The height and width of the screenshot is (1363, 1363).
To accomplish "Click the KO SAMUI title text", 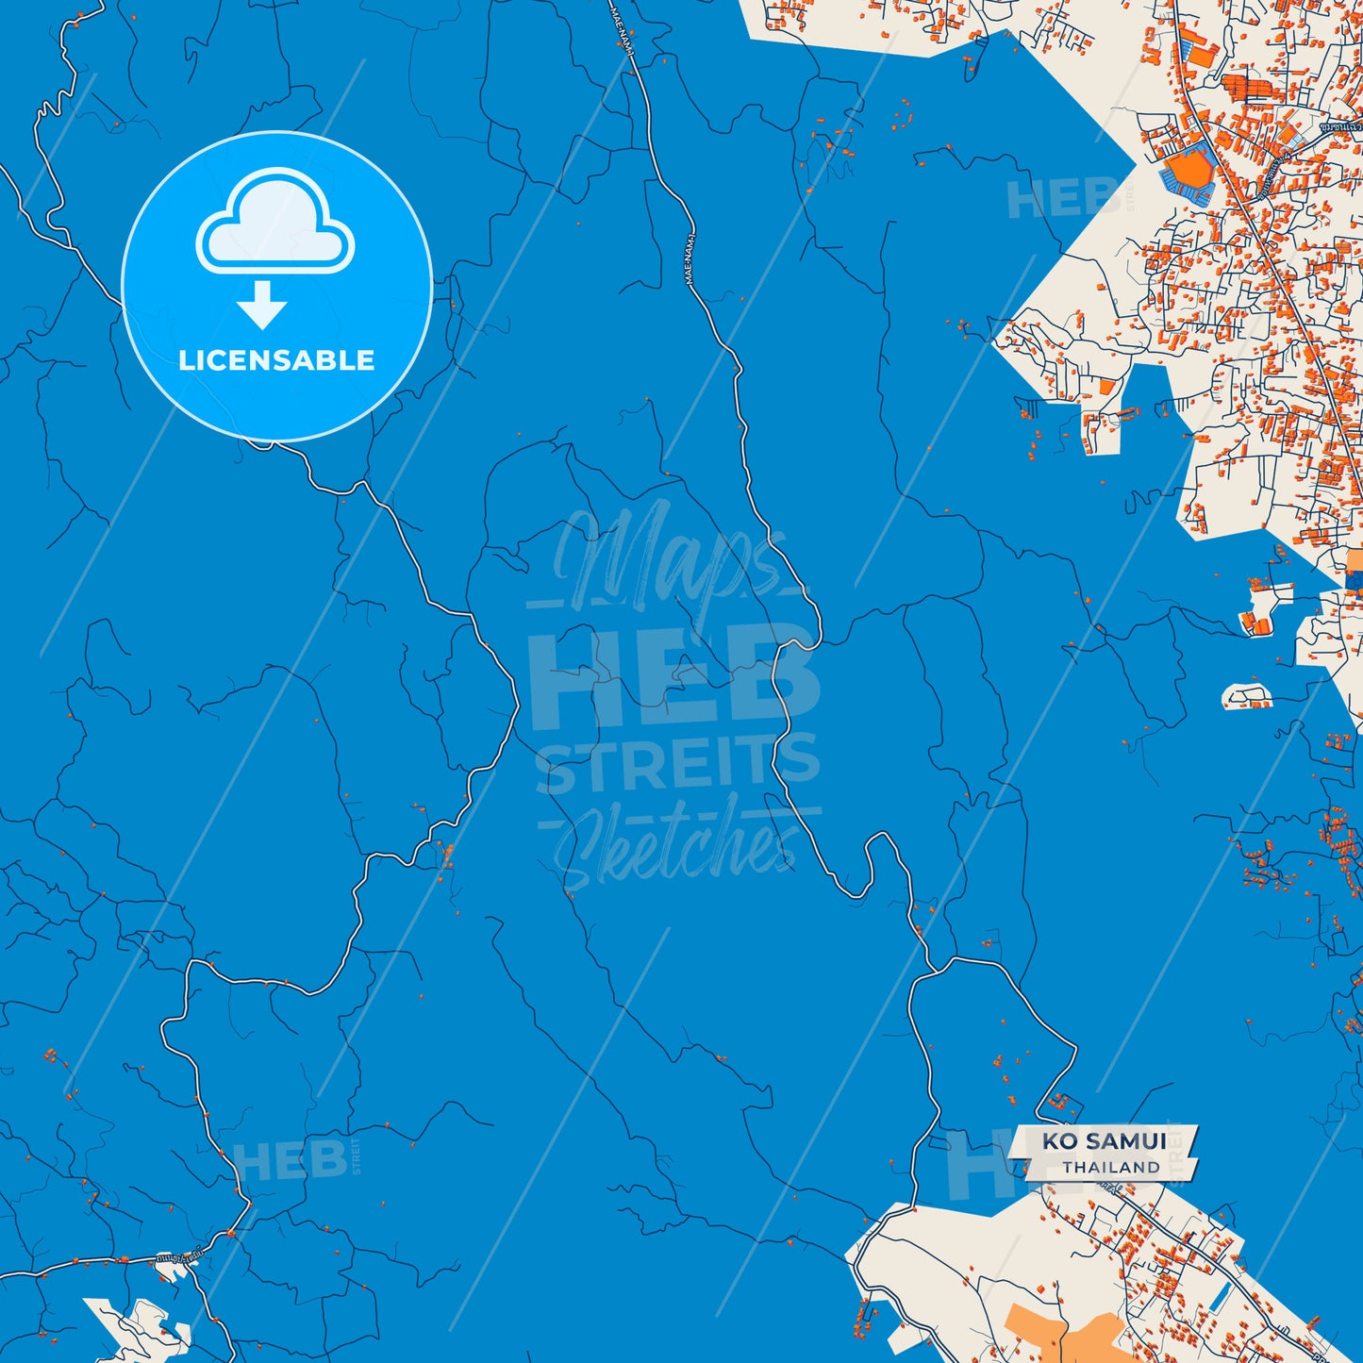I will pyautogui.click(x=1104, y=1141).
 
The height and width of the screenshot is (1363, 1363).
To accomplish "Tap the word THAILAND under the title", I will pyautogui.click(x=1111, y=1168).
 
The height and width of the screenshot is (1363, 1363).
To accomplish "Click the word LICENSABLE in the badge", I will pyautogui.click(x=276, y=360).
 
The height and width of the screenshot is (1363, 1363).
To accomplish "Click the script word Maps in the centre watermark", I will pyautogui.click(x=660, y=561).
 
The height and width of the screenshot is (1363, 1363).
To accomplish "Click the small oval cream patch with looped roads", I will pyautogui.click(x=1247, y=696).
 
